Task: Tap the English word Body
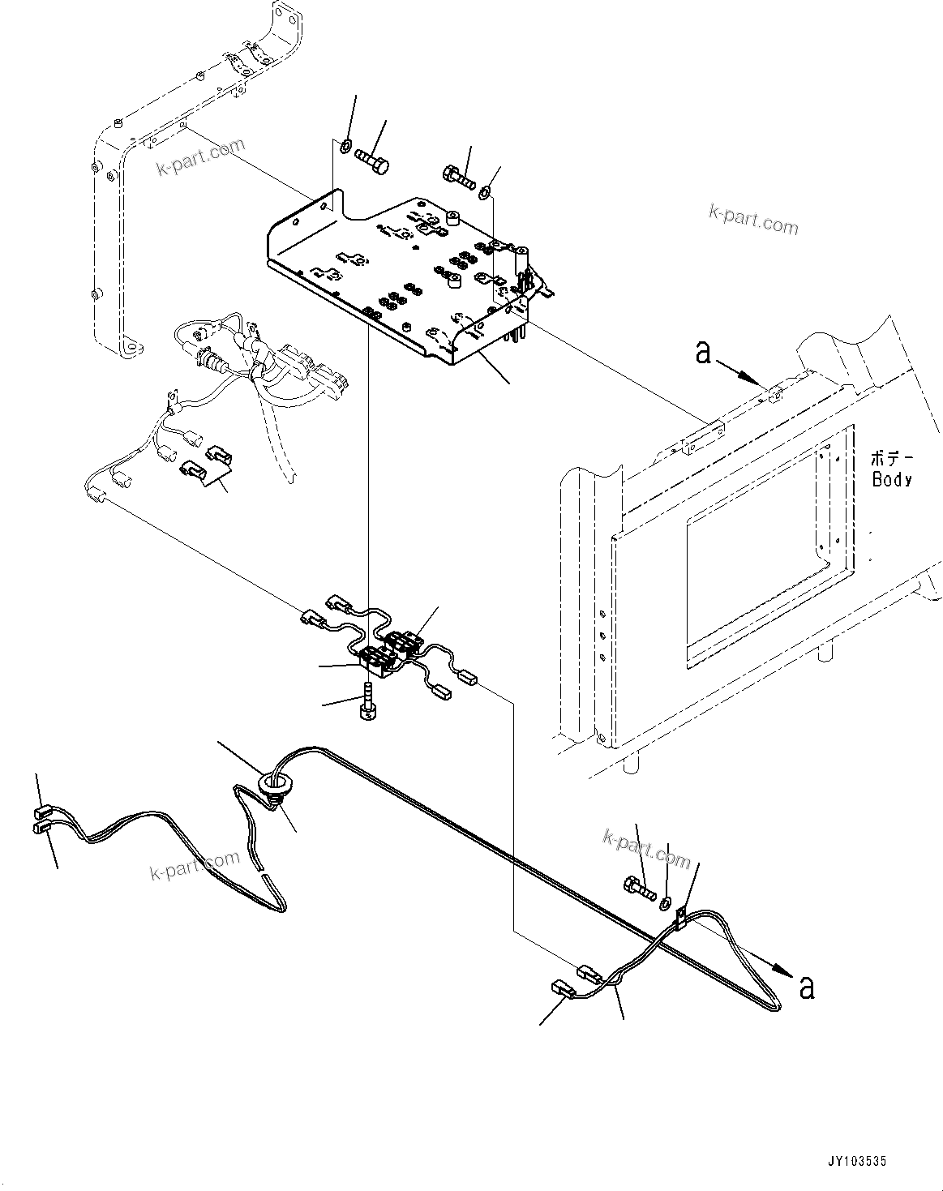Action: (892, 479)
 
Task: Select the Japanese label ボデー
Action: (890, 457)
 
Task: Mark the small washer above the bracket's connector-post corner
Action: (484, 193)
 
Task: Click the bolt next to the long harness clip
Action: (639, 889)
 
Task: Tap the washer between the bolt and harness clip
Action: (665, 902)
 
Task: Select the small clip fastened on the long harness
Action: (682, 917)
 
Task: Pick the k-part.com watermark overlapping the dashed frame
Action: (200, 158)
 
